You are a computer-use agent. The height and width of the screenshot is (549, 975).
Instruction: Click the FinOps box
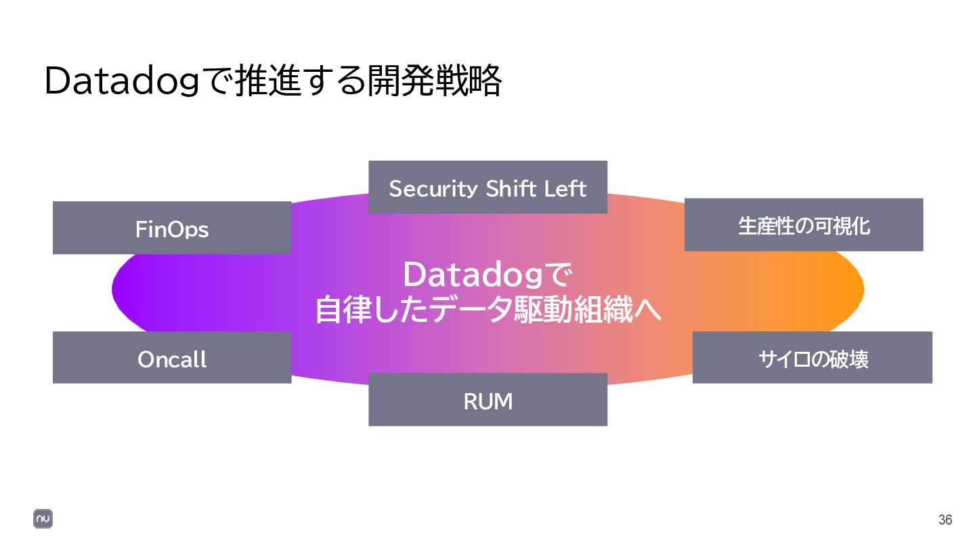172,228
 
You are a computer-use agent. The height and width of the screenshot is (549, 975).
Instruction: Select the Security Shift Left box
487,187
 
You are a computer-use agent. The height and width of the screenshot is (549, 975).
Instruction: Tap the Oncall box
172,358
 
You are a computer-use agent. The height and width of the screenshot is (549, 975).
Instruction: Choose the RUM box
487,400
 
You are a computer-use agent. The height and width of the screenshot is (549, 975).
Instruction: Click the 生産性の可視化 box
804,225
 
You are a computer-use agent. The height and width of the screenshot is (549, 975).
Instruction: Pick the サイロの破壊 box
812,358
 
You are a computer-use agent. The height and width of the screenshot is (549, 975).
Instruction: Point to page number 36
945,520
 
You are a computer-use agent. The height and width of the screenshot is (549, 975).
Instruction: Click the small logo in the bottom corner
43,519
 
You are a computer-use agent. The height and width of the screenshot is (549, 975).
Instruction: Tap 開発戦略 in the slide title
434,82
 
